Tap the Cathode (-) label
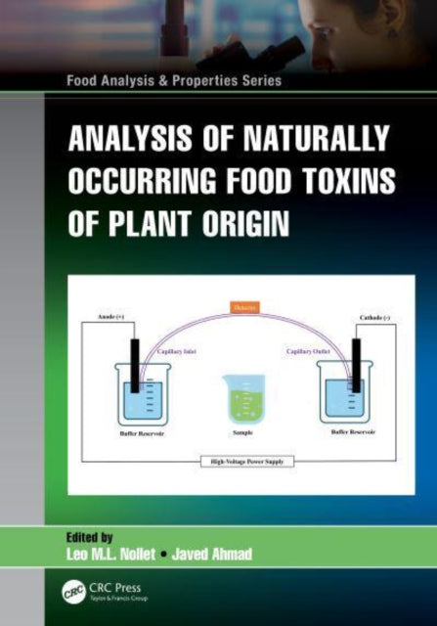click(x=370, y=318)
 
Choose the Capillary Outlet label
click(x=310, y=349)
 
